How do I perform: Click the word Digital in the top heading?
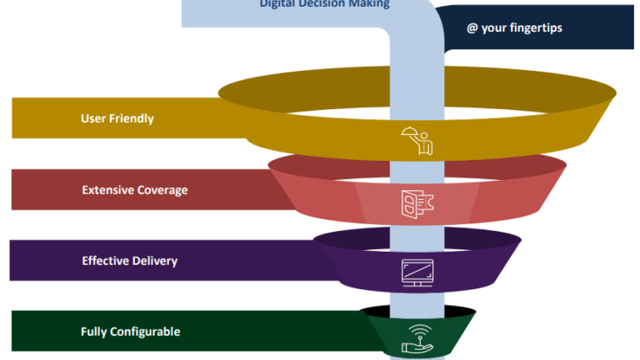(x=278, y=4)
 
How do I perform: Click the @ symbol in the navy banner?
(x=472, y=27)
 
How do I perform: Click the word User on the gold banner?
(x=93, y=118)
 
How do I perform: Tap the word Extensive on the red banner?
(x=107, y=190)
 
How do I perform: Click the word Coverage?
(x=162, y=190)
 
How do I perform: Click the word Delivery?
(x=156, y=261)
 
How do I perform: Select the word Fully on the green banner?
(x=94, y=332)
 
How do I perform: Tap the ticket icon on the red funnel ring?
(x=417, y=203)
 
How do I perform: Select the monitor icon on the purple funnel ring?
(x=417, y=271)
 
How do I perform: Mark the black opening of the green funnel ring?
(x=375, y=312)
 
